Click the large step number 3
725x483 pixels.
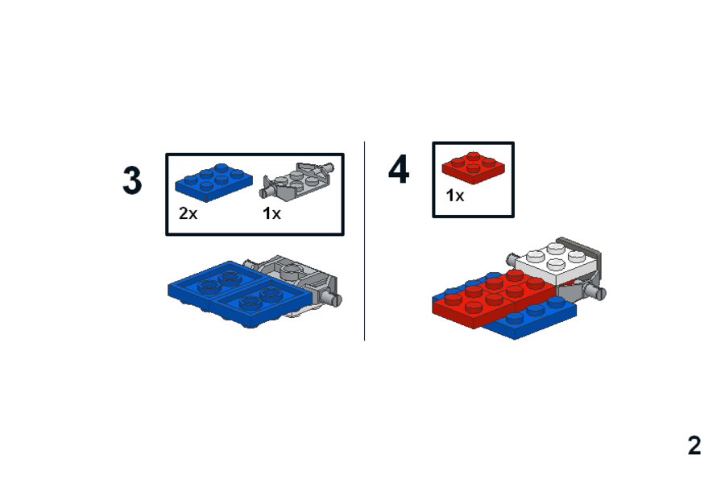point(132,180)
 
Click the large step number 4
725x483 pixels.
point(399,170)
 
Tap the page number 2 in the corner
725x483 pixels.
point(694,445)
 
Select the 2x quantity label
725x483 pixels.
point(188,213)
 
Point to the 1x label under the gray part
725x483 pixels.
point(272,213)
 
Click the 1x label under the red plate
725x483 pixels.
point(455,196)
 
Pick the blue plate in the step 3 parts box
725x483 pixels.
point(213,183)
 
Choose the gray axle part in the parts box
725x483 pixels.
point(298,180)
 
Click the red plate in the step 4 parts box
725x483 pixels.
point(474,167)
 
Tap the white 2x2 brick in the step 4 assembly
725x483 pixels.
point(556,264)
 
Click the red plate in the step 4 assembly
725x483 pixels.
point(495,299)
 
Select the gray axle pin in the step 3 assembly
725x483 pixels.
point(333,298)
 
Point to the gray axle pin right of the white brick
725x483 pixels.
point(595,291)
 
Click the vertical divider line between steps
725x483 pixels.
point(365,241)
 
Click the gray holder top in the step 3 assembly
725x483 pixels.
point(292,270)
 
